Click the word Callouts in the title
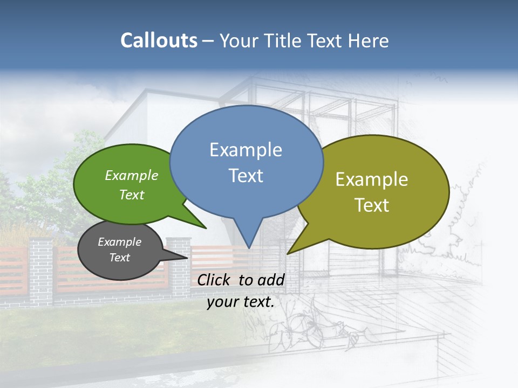pyautogui.click(x=159, y=40)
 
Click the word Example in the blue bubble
pyautogui.click(x=246, y=150)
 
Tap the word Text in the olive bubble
pyautogui.click(x=372, y=205)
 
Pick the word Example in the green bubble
pyautogui.click(x=132, y=176)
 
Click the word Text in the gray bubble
pyautogui.click(x=119, y=258)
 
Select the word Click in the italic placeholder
pyautogui.click(x=214, y=280)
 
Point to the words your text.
pyautogui.click(x=241, y=302)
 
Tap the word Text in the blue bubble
pyautogui.click(x=246, y=176)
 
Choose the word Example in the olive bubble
pyautogui.click(x=372, y=179)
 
